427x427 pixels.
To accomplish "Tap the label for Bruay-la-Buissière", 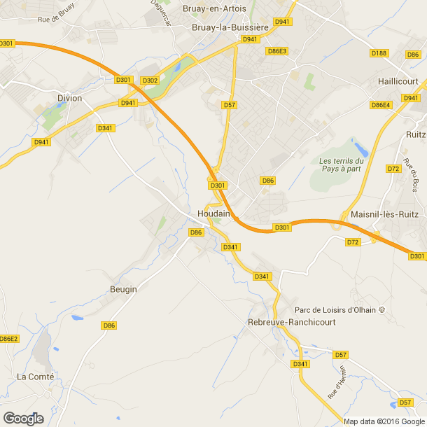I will [230, 27].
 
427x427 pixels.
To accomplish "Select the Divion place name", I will [69, 98].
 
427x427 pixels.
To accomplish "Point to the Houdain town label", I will [214, 213].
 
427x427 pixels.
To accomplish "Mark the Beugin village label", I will [123, 289].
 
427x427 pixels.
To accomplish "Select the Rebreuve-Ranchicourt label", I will [292, 322].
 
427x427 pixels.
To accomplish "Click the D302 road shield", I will [150, 80].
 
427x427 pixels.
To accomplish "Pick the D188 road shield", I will [379, 53].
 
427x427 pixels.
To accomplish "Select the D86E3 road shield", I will [277, 51].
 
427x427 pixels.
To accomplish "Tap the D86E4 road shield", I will [381, 105].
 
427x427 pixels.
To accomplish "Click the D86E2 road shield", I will [8, 339].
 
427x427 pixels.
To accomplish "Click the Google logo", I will [23, 418].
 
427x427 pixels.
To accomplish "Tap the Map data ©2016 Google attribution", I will [384, 421].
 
